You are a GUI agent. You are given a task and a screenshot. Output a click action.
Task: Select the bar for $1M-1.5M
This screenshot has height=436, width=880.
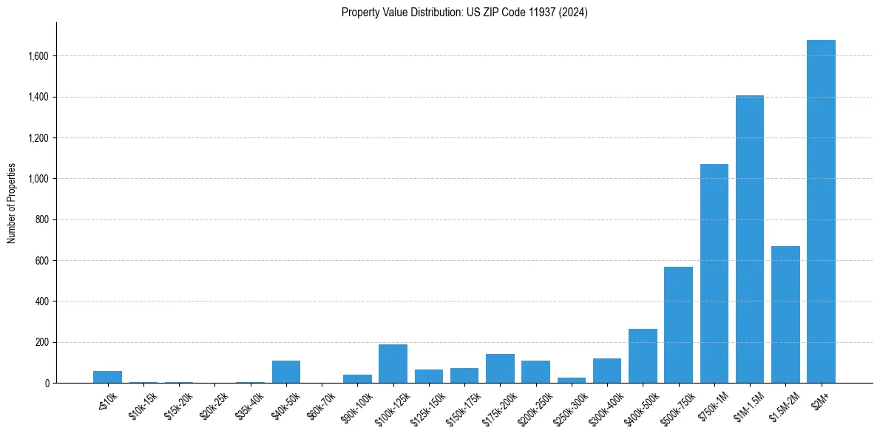point(749,239)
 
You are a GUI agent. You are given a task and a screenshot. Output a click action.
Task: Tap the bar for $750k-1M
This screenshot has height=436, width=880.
point(714,273)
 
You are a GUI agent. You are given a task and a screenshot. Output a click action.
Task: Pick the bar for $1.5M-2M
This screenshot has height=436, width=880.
point(785,315)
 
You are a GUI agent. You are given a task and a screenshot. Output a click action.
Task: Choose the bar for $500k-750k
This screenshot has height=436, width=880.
point(678,325)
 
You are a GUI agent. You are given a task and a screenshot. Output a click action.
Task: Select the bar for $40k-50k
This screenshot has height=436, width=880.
point(286,372)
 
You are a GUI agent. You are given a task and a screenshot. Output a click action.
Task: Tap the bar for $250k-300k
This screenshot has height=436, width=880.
point(571,380)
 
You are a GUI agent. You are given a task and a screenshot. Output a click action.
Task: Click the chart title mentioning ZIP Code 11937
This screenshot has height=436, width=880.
point(464,13)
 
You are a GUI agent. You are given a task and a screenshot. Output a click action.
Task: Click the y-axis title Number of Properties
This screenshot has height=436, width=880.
point(12,203)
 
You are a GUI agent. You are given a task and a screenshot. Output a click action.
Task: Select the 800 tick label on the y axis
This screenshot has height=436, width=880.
point(43,219)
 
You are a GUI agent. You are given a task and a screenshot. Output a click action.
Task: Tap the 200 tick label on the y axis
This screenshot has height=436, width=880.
point(43,342)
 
